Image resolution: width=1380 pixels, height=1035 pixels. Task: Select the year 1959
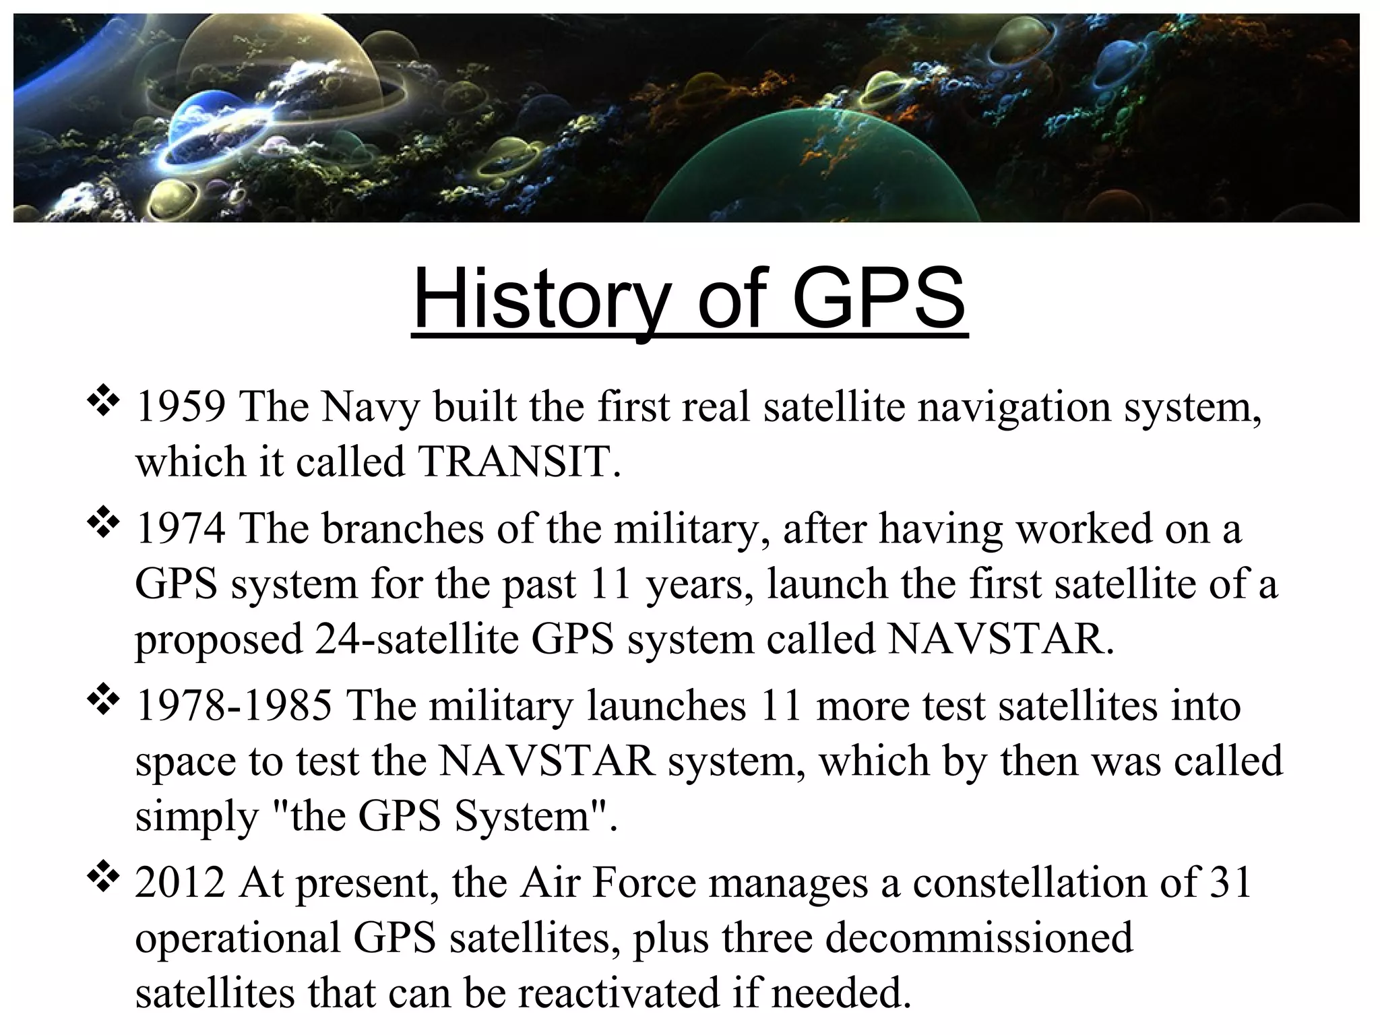180,407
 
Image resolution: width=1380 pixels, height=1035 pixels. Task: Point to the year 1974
180,528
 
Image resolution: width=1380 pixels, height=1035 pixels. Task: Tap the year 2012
180,882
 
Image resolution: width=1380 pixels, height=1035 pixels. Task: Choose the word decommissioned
979,937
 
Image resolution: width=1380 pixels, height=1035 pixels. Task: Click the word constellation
1030,882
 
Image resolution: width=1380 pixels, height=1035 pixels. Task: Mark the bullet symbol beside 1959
103,404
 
